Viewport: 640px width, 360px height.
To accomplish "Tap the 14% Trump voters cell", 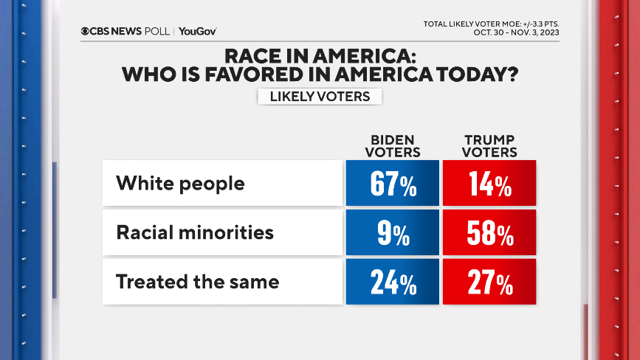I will pyautogui.click(x=489, y=183).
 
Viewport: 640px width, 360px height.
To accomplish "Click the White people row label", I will pyautogui.click(x=180, y=183).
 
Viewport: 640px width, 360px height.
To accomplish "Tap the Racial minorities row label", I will pyautogui.click(x=195, y=232).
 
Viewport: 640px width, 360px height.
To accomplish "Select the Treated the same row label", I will pyautogui.click(x=198, y=281).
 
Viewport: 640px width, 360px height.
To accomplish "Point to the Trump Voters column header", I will pyautogui.click(x=489, y=146).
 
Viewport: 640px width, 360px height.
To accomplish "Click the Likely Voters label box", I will pyautogui.click(x=320, y=97).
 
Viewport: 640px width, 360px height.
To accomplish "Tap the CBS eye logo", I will pyautogui.click(x=86, y=31).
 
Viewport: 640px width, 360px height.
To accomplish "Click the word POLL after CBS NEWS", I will pyautogui.click(x=157, y=31).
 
